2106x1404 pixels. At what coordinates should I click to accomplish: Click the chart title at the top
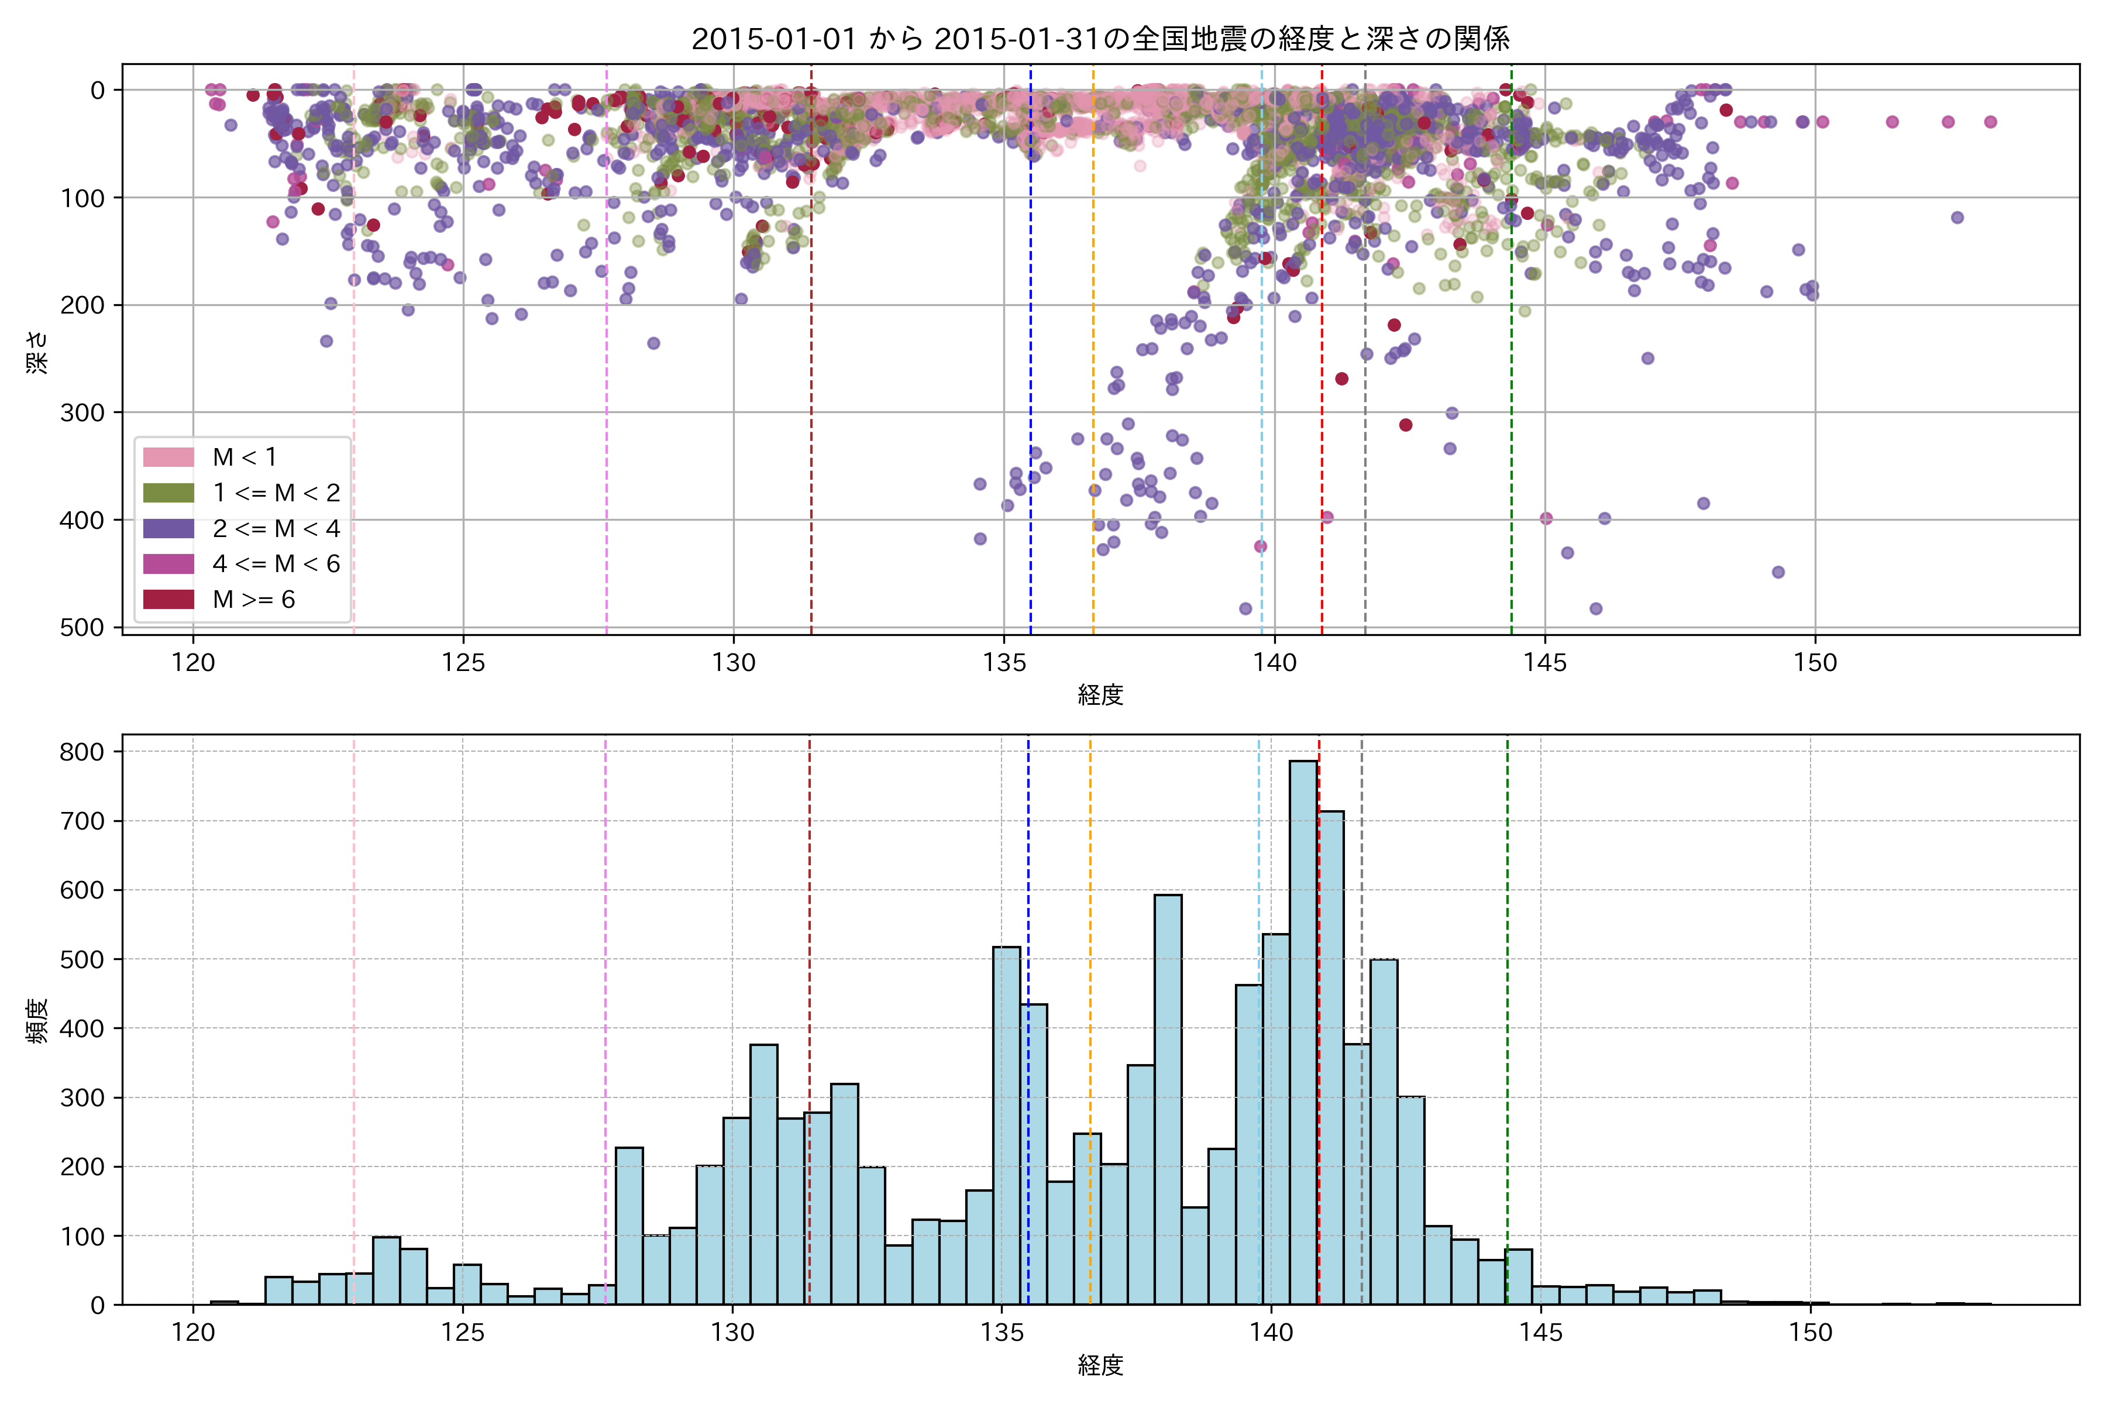click(x=1100, y=39)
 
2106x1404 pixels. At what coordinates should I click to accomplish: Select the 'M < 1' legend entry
click(x=243, y=457)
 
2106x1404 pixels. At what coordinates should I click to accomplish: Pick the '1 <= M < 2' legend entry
click(x=276, y=493)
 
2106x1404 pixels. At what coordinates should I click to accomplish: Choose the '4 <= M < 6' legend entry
click(x=276, y=564)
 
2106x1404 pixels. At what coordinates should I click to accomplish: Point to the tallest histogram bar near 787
click(x=1303, y=1030)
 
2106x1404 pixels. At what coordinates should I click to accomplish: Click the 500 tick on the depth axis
click(x=82, y=628)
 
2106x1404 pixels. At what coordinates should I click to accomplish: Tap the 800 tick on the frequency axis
click(x=82, y=752)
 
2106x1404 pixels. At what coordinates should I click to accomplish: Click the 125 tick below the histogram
click(x=463, y=1333)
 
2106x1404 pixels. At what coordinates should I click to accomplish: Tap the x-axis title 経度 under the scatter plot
click(x=1100, y=695)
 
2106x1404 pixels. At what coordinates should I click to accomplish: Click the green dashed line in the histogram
click(x=1507, y=985)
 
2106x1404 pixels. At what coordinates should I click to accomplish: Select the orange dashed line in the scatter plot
click(x=1092, y=358)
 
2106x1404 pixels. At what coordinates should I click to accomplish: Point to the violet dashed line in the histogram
click(x=605, y=985)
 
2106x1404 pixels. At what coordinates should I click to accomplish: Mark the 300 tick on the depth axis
click(x=82, y=413)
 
